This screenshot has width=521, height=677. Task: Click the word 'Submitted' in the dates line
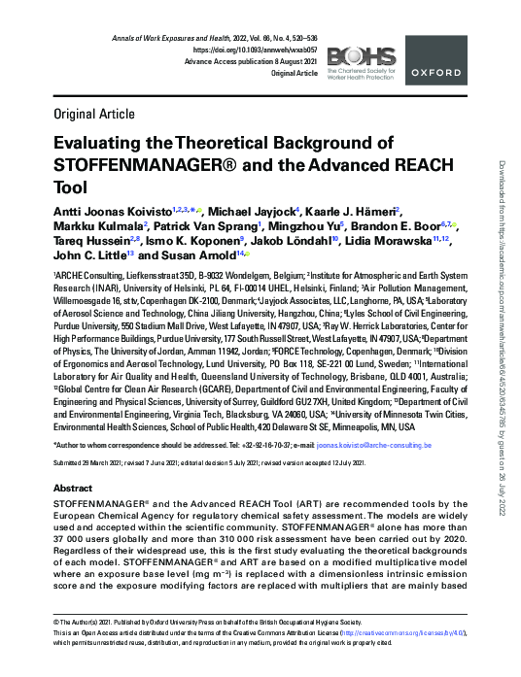(x=69, y=464)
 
